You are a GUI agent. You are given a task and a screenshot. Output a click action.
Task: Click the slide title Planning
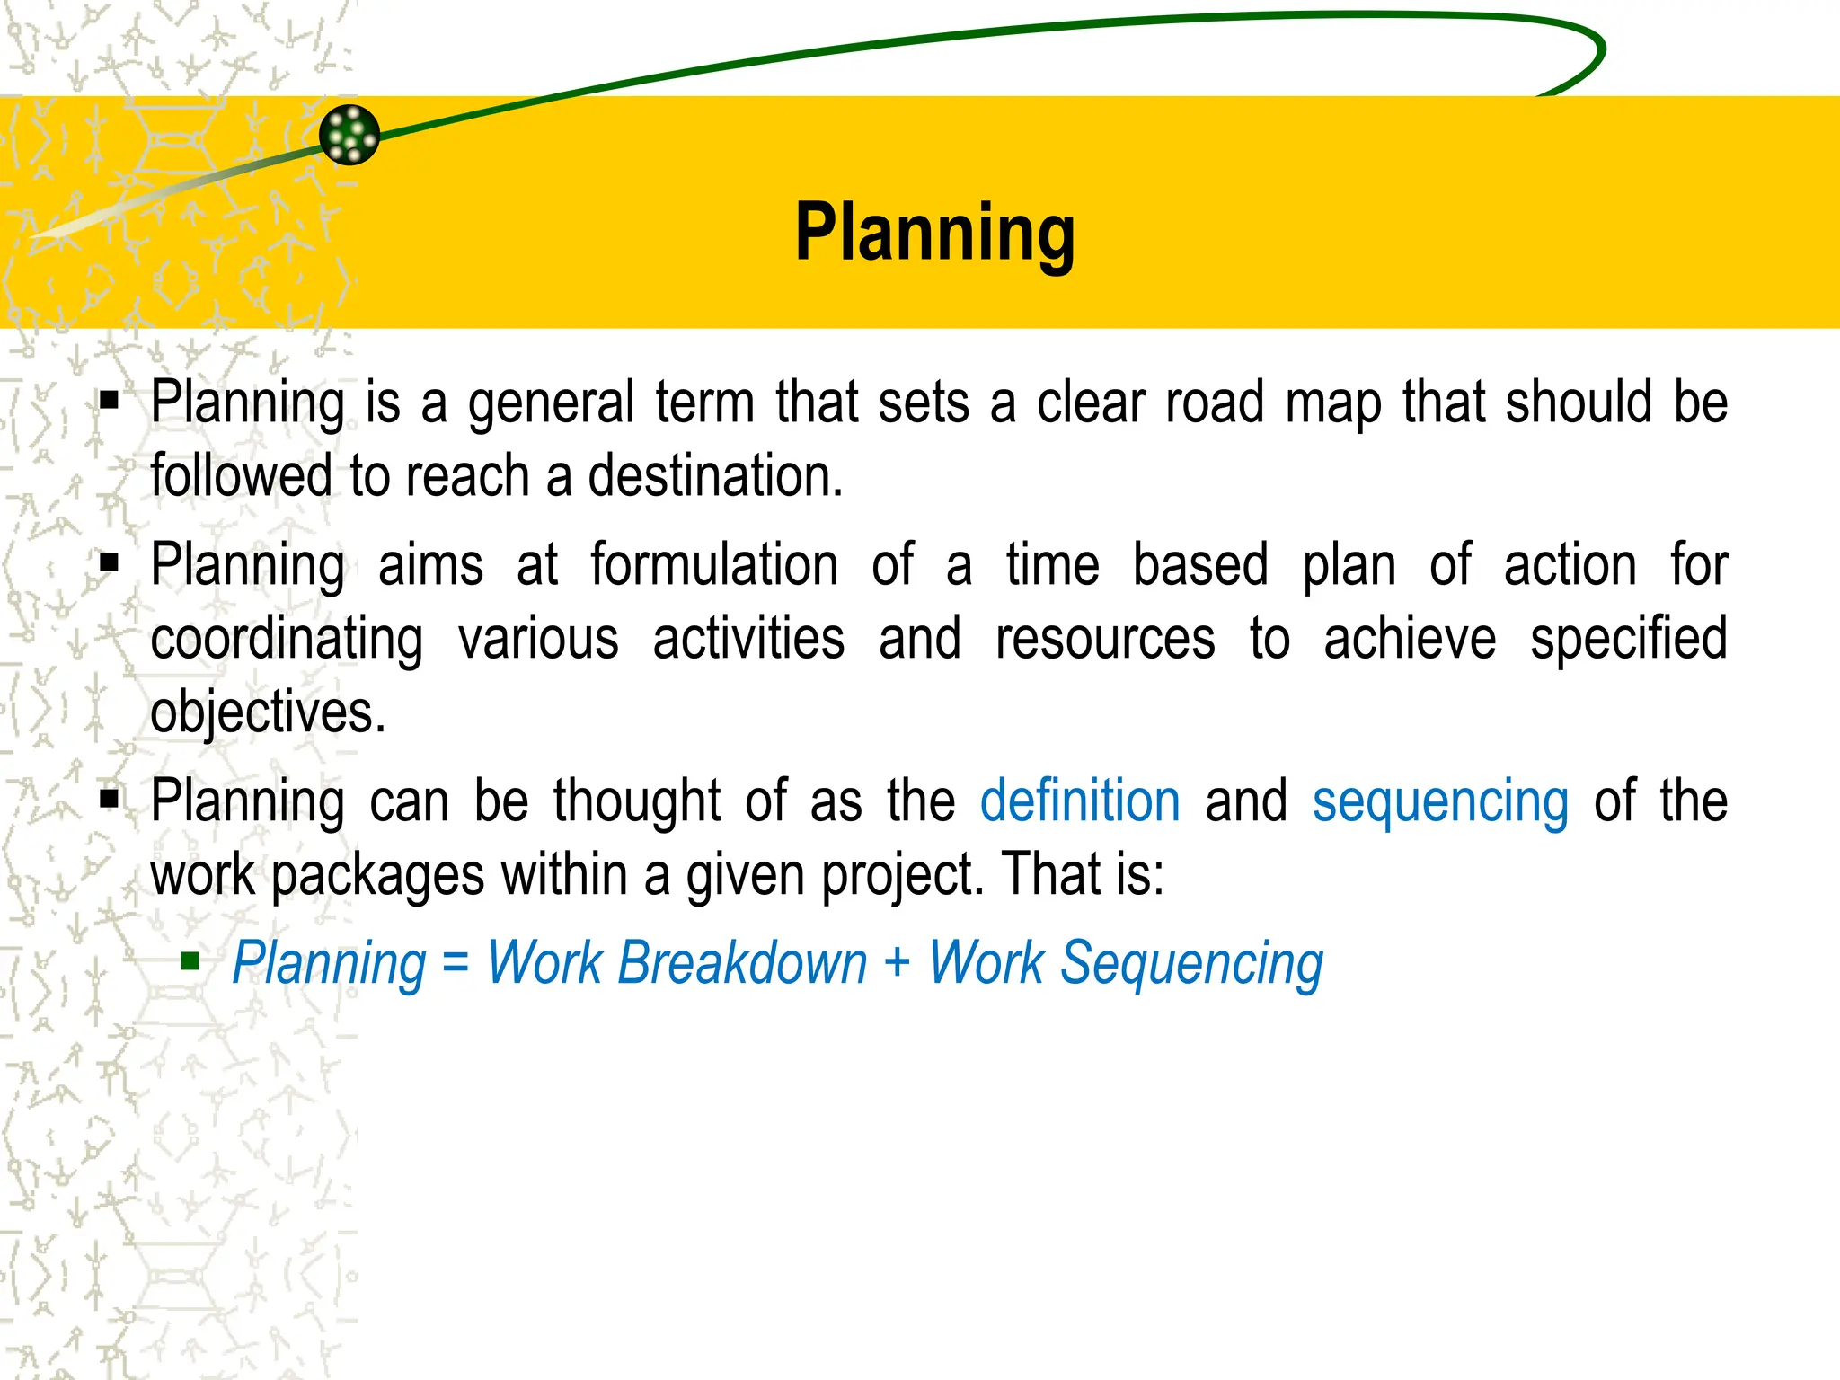coord(934,233)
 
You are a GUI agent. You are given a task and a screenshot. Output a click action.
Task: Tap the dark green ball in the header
coord(349,135)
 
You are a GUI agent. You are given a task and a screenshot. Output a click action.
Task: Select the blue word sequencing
coord(1440,802)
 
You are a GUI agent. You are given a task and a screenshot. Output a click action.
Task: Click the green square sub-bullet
coord(190,962)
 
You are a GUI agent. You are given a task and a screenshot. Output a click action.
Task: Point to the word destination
coord(714,475)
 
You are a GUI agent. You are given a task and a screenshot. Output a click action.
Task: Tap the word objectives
coord(267,712)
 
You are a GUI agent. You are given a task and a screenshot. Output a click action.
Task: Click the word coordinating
coord(287,639)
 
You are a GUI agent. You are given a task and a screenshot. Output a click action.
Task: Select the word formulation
coord(714,565)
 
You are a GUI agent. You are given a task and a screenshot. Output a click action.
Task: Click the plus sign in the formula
coord(897,963)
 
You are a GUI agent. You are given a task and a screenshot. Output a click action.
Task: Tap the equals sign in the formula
coord(456,963)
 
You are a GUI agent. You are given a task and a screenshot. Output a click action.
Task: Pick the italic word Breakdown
coord(742,963)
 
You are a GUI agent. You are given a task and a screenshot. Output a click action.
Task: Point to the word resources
coord(1105,639)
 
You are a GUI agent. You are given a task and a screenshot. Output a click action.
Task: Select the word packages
coord(377,876)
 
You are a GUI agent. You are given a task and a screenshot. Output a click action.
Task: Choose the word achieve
coord(1410,639)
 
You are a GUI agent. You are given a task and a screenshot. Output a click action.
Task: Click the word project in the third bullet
coord(902,876)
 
